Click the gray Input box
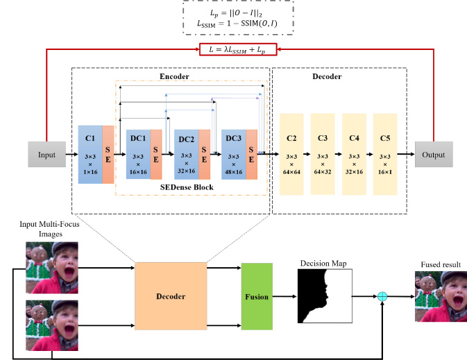[x=46, y=154]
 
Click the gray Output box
[x=434, y=154]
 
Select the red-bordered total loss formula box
[x=238, y=49]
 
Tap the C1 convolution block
[x=90, y=154]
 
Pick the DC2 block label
[x=187, y=139]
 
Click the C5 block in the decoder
[x=385, y=154]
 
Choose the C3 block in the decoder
[x=323, y=154]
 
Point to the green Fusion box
[x=257, y=296]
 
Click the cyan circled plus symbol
[x=382, y=296]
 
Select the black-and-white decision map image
[x=325, y=296]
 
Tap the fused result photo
[x=441, y=296]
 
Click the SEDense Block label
[x=187, y=187]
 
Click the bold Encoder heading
[x=174, y=76]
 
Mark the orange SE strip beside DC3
[x=252, y=154]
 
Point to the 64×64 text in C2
[x=291, y=172]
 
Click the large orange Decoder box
[x=171, y=296]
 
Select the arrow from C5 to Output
[x=406, y=154]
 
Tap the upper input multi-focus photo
[x=52, y=267]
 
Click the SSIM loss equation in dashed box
[x=237, y=24]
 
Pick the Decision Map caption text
[x=323, y=264]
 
